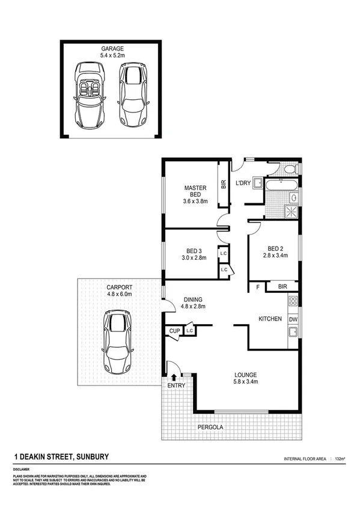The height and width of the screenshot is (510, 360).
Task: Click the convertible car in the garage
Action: [x=90, y=94]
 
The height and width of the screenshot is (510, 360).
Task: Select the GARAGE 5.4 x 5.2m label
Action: [x=112, y=52]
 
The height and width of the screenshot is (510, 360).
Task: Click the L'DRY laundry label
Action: [x=243, y=183]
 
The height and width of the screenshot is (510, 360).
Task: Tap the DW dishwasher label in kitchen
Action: [x=293, y=319]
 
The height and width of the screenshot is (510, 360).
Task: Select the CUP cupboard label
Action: [x=174, y=331]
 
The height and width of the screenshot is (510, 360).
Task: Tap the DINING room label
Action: [x=193, y=303]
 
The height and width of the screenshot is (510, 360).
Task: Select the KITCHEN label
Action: [x=270, y=319]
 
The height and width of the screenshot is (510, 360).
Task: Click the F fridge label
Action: [x=258, y=287]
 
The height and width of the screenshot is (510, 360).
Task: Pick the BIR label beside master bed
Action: [x=223, y=185]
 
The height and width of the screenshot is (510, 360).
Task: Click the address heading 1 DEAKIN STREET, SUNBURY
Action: [x=61, y=458]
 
